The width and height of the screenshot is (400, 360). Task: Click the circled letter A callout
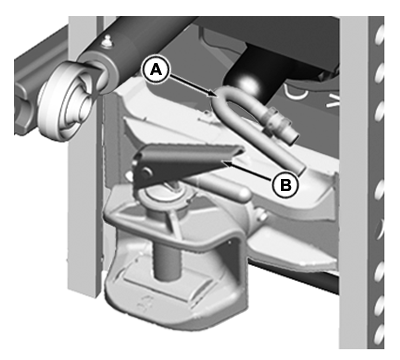coord(156,70)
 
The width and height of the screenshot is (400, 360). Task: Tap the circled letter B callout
coord(285,184)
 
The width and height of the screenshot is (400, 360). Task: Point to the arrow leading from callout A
coord(192,85)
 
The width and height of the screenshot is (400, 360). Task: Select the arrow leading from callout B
coord(248,170)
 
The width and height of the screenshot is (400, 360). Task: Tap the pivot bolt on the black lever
coord(146,172)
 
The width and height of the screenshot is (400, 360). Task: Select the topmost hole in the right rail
coord(378,36)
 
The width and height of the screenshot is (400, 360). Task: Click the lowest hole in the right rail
coord(378,335)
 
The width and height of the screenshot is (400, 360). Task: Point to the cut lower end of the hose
coord(298,169)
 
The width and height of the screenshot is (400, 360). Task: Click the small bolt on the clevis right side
coord(263,217)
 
